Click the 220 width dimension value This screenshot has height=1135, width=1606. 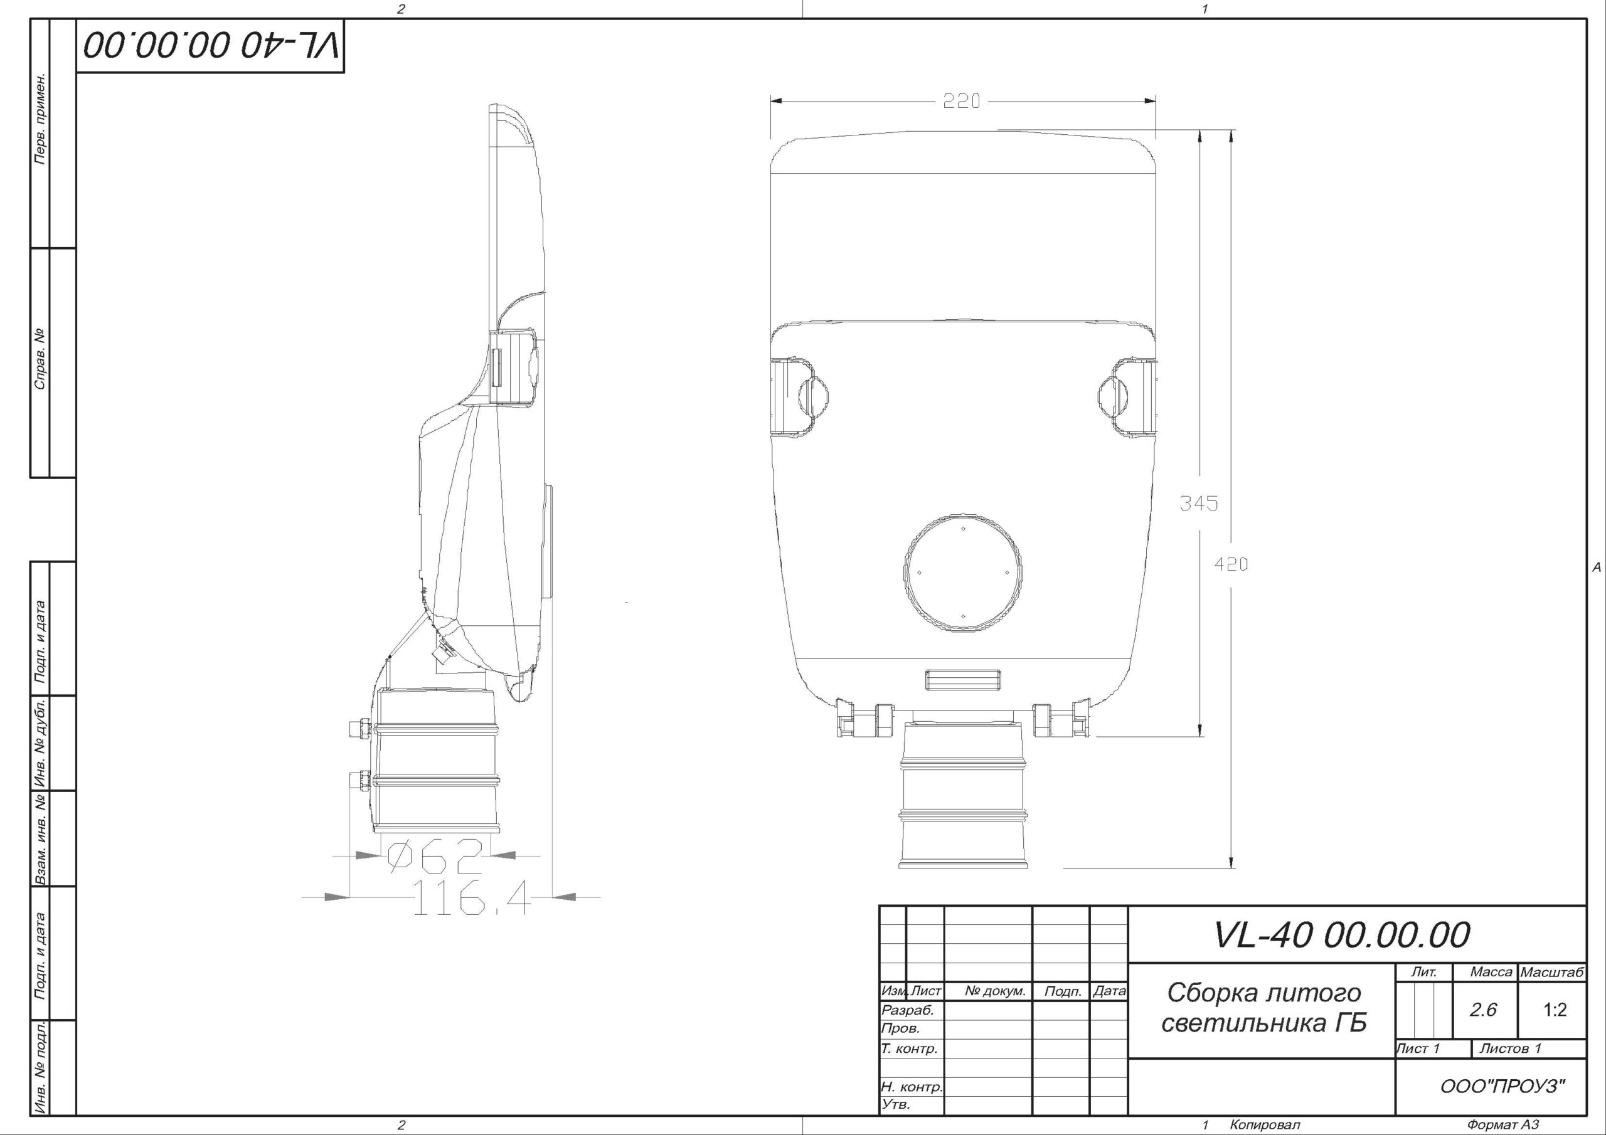[962, 102]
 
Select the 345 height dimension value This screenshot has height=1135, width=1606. [1199, 503]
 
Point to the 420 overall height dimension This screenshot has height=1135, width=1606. [1230, 564]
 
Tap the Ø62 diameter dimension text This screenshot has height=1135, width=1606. [436, 856]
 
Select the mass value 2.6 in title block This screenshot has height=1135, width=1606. [1483, 1010]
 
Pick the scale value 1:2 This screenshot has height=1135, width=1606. [1554, 1010]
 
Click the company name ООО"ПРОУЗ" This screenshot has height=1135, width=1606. [1502, 1087]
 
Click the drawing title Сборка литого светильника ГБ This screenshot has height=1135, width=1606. [1263, 1007]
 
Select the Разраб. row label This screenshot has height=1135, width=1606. [908, 1010]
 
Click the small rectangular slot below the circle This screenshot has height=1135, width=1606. [962, 679]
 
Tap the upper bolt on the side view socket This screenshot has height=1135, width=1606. [359, 728]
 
